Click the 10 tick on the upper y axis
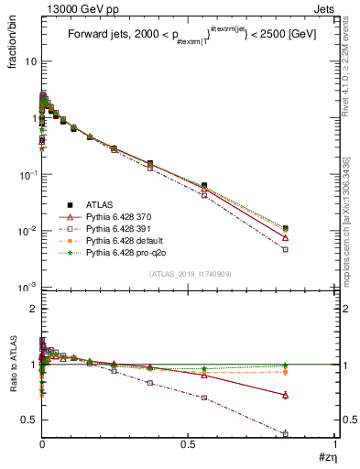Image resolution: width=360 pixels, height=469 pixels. [x=30, y=61]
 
